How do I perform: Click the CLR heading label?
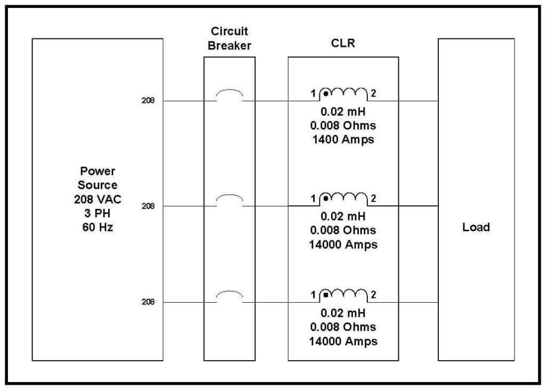343,43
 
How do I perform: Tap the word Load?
476,227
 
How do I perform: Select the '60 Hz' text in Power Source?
98,227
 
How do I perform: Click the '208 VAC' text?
98,199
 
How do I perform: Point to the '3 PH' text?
98,213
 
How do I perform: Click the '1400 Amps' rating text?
343,140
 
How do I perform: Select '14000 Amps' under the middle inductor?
343,245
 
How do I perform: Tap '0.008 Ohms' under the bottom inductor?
343,327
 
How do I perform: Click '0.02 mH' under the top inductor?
343,112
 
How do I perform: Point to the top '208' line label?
148,101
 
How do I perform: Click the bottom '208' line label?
148,302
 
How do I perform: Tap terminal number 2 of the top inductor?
373,93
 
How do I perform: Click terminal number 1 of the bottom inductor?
314,295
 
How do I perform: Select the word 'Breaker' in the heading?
229,46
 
